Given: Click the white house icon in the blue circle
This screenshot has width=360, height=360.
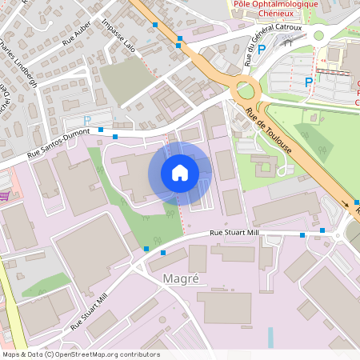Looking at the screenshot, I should (180, 173).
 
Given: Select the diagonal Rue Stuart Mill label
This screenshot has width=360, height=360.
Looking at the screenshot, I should (88, 310).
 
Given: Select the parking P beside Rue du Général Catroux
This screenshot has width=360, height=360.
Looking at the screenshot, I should (262, 49).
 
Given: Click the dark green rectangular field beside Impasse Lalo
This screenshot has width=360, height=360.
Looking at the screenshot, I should (123, 79).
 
